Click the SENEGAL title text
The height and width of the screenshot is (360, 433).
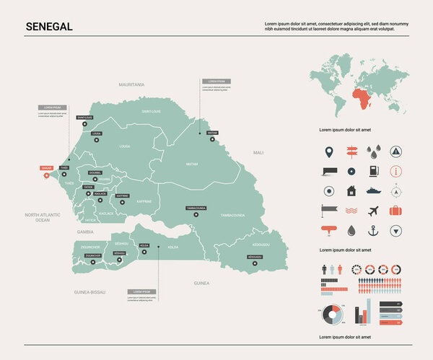(48, 26)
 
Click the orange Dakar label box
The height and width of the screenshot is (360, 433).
(46, 167)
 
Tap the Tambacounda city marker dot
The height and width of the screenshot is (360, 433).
(196, 214)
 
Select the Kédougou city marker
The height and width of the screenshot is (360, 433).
(254, 263)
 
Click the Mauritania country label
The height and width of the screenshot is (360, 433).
(132, 84)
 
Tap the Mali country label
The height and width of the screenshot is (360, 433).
(258, 153)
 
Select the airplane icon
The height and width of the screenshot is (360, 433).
(373, 211)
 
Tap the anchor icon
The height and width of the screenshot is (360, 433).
(373, 231)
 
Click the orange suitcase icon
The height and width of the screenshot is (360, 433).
(395, 211)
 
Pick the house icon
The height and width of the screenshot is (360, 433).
(351, 191)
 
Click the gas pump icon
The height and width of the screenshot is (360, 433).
(373, 171)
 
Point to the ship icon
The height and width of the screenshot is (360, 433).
(373, 191)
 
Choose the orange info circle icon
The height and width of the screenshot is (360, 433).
(395, 171)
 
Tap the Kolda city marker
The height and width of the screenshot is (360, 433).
(144, 252)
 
